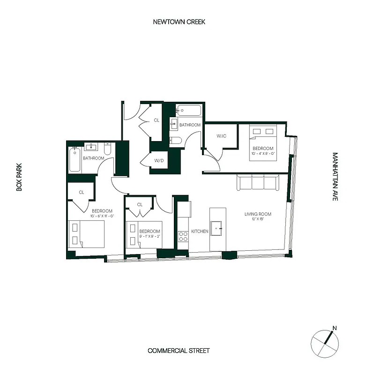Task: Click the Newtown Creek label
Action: click(x=179, y=22)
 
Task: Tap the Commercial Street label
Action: click(x=179, y=351)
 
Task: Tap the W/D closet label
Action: click(x=158, y=160)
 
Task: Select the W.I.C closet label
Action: click(x=222, y=136)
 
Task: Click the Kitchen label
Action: click(x=200, y=232)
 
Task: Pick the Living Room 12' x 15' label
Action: click(x=258, y=217)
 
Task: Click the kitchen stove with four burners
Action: click(x=183, y=236)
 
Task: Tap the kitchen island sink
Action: click(x=217, y=231)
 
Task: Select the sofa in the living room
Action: click(x=258, y=182)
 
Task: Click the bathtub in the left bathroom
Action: click(x=75, y=159)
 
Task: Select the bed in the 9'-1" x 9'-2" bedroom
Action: click(x=143, y=235)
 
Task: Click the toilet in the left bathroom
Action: click(x=107, y=150)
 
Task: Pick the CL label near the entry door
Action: click(x=156, y=120)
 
